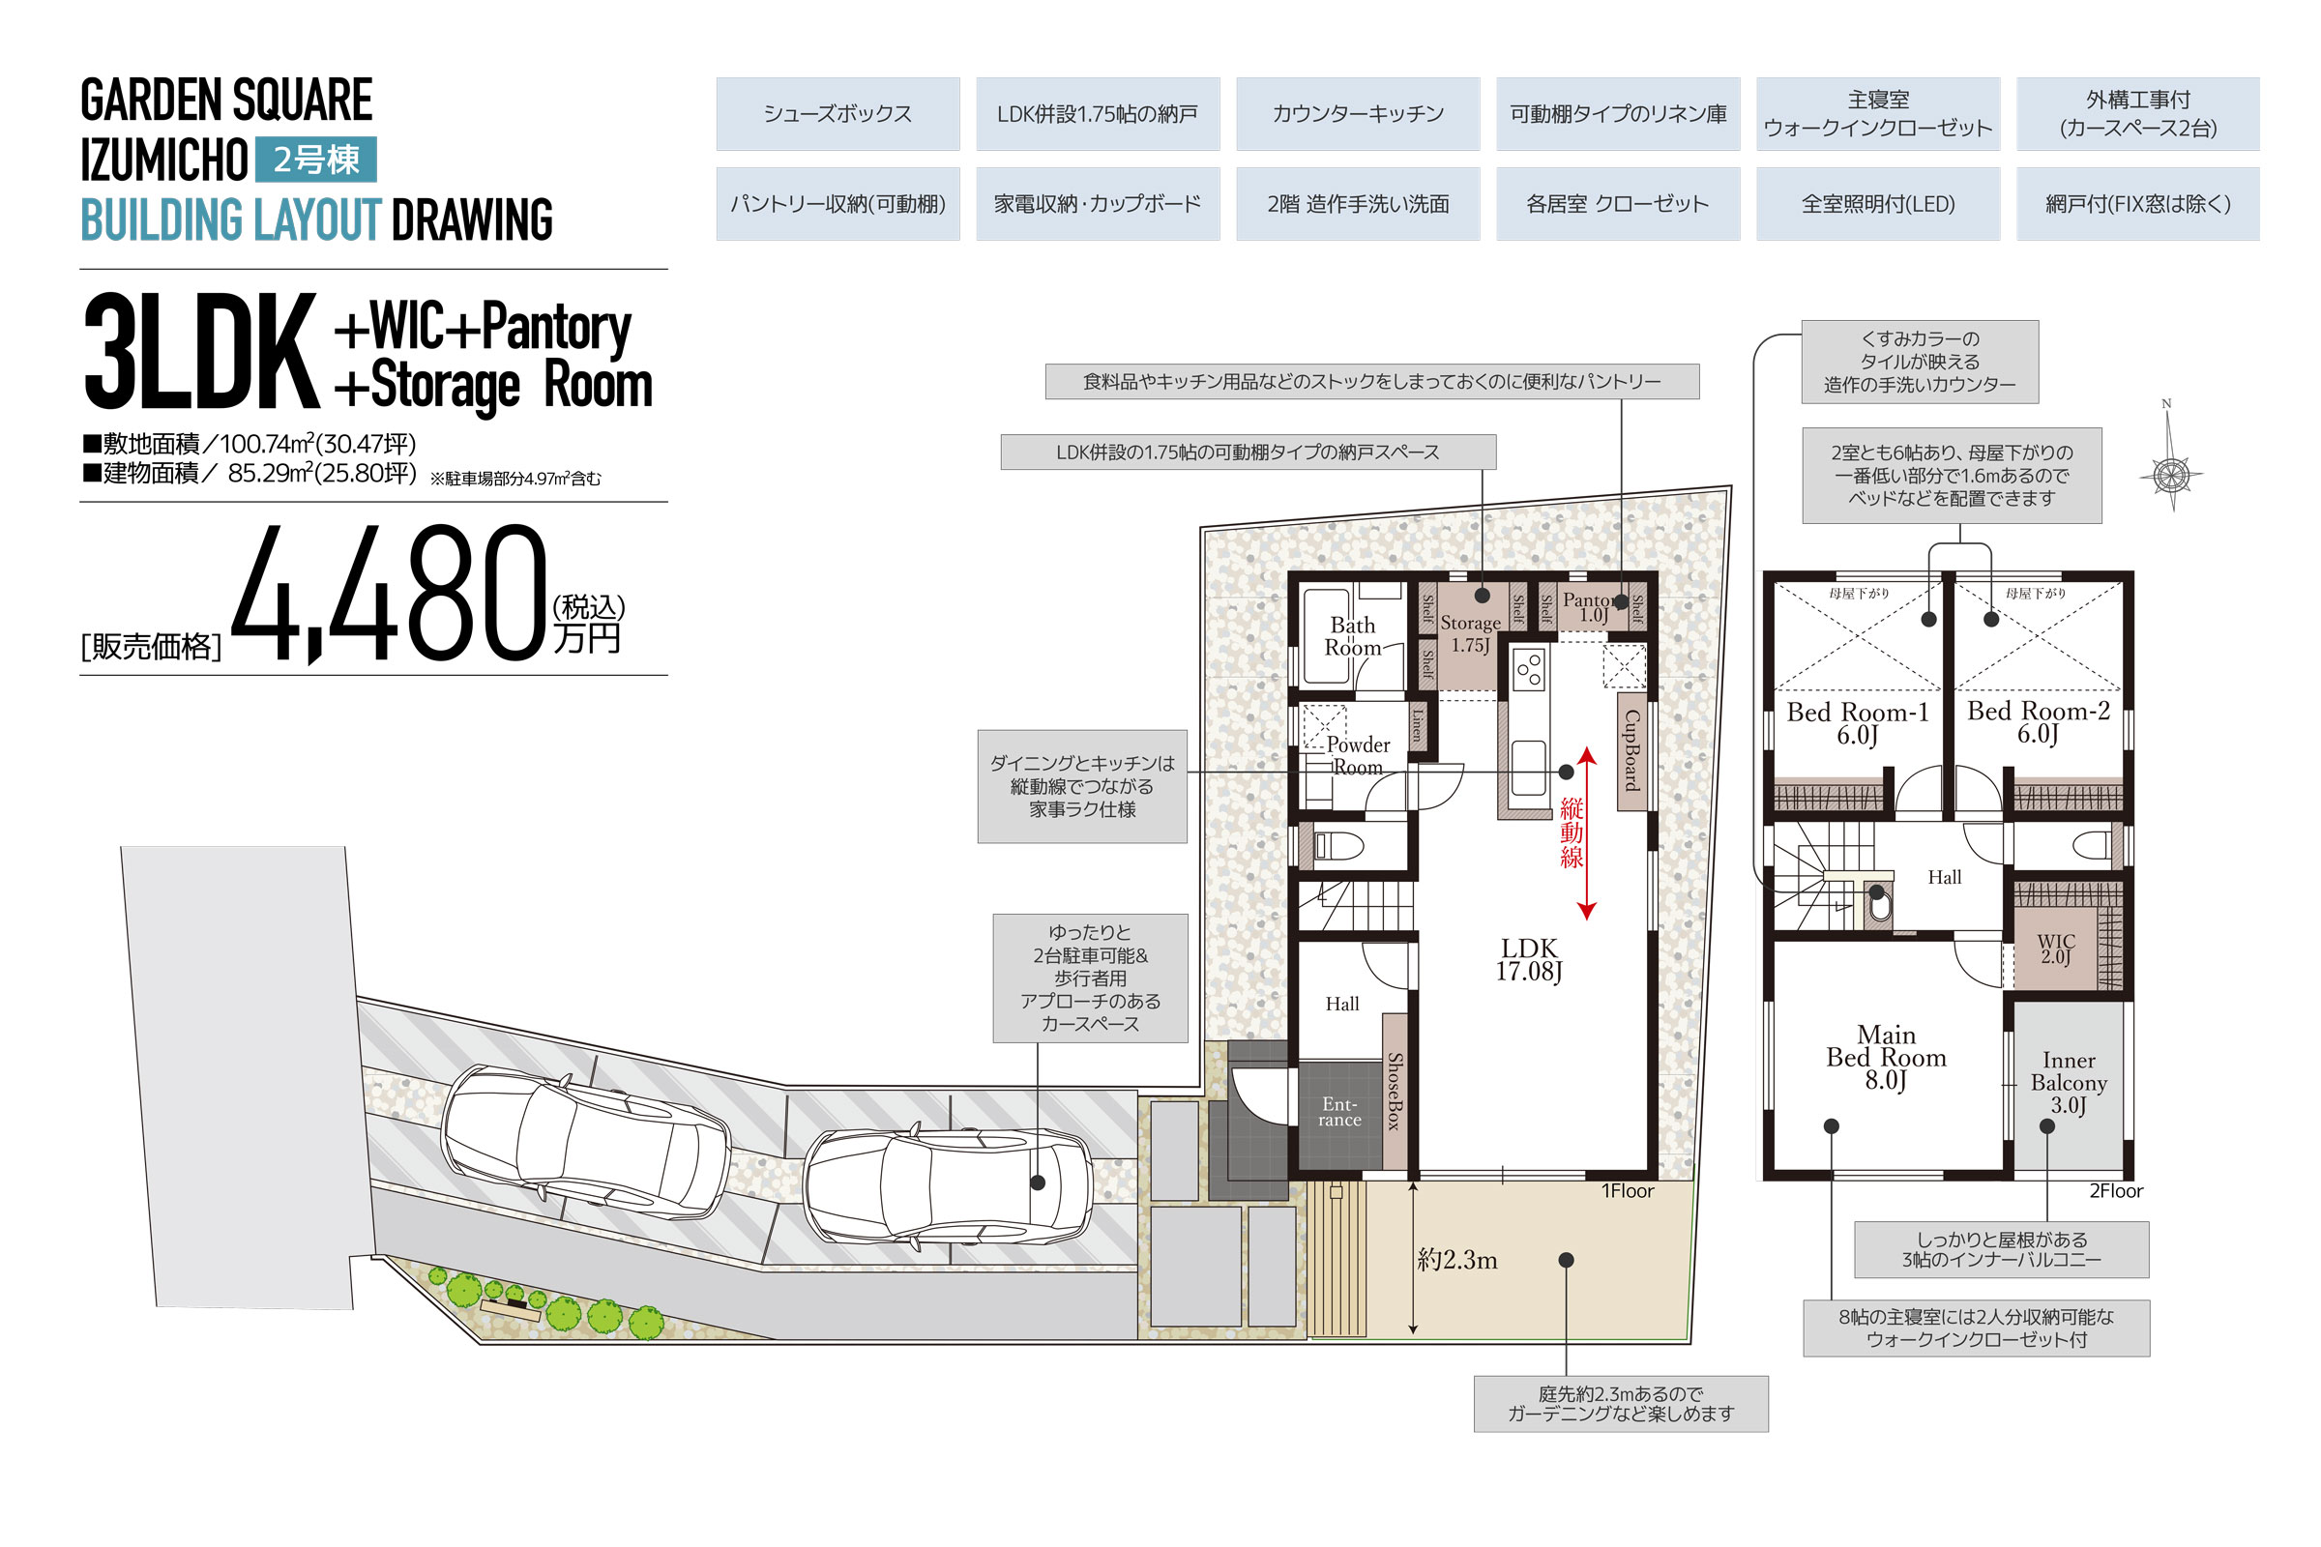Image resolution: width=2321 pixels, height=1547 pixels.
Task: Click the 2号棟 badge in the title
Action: click(316, 159)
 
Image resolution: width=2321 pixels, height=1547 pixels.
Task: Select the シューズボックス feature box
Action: click(837, 113)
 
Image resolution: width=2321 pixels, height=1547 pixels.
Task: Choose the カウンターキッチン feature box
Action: click(1358, 113)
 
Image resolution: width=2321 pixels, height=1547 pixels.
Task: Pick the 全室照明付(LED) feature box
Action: click(1878, 204)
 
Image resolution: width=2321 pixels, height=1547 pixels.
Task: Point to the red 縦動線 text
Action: click(1572, 832)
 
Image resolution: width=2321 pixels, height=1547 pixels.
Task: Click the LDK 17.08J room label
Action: click(1529, 960)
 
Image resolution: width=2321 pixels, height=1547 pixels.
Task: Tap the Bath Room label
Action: click(1352, 636)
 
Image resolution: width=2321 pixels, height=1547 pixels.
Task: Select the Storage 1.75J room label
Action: click(1470, 633)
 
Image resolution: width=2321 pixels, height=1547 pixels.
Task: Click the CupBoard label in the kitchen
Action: click(1631, 750)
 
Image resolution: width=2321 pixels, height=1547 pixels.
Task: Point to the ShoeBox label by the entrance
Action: click(1395, 1092)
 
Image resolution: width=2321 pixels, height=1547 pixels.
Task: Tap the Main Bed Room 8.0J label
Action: click(1886, 1057)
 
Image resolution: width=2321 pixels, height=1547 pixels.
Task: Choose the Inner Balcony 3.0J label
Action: click(2069, 1082)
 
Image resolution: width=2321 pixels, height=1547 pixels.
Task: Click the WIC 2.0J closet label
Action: click(2057, 949)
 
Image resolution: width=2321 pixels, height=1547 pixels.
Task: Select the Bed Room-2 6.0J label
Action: click(2038, 722)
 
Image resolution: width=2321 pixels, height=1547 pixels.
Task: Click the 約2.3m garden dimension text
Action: click(1457, 1260)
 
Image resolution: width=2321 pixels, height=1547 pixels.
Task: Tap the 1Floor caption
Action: click(1628, 1191)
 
